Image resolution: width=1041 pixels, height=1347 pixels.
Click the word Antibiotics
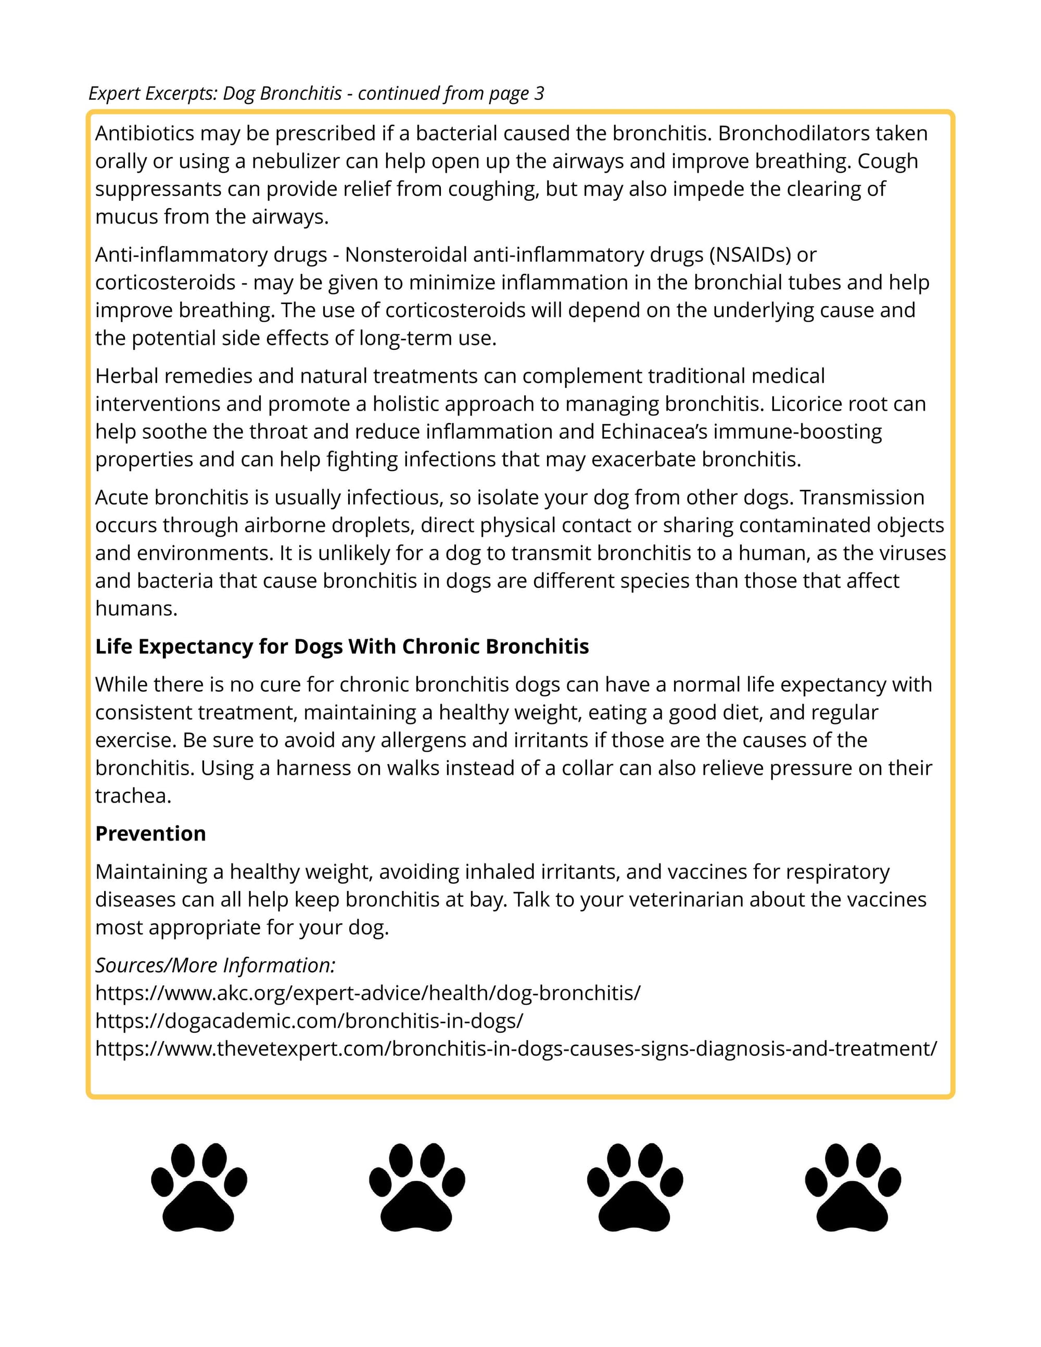coord(144,133)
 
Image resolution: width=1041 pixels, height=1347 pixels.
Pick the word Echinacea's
coord(654,431)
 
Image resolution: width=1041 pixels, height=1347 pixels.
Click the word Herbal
coord(126,376)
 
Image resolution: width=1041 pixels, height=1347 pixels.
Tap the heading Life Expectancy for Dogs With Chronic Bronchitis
coord(341,646)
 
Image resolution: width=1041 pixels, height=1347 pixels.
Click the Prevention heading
coord(150,834)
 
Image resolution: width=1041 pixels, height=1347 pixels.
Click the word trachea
coord(133,796)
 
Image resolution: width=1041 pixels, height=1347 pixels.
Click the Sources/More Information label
coord(215,965)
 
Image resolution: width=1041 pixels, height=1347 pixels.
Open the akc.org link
coord(367,993)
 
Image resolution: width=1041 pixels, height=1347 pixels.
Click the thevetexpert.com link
coord(516,1048)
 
